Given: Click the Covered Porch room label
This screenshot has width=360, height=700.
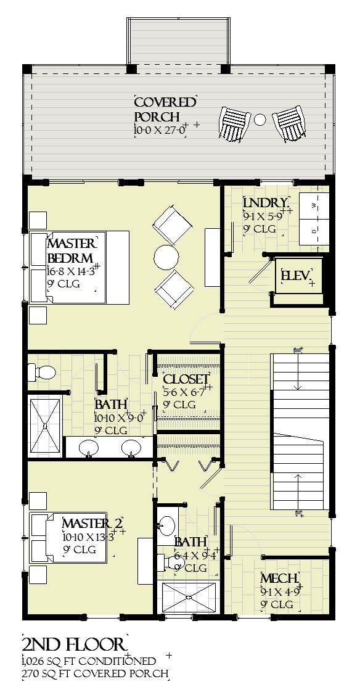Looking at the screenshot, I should coord(165,109).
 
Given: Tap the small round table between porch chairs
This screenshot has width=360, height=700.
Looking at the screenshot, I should coord(260,119).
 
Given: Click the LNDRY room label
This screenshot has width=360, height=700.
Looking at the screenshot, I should coord(265,204).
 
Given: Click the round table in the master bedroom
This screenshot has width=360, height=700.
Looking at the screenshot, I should coord(166,258).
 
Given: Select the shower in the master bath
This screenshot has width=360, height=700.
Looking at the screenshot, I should coord(46,426).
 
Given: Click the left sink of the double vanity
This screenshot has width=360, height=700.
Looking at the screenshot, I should coord(89,447).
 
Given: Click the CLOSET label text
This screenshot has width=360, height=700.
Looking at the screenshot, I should coord(186,379).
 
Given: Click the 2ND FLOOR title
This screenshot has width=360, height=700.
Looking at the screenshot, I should coord(73,644).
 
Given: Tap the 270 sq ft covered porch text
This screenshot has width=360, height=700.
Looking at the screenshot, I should coord(94,673).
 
